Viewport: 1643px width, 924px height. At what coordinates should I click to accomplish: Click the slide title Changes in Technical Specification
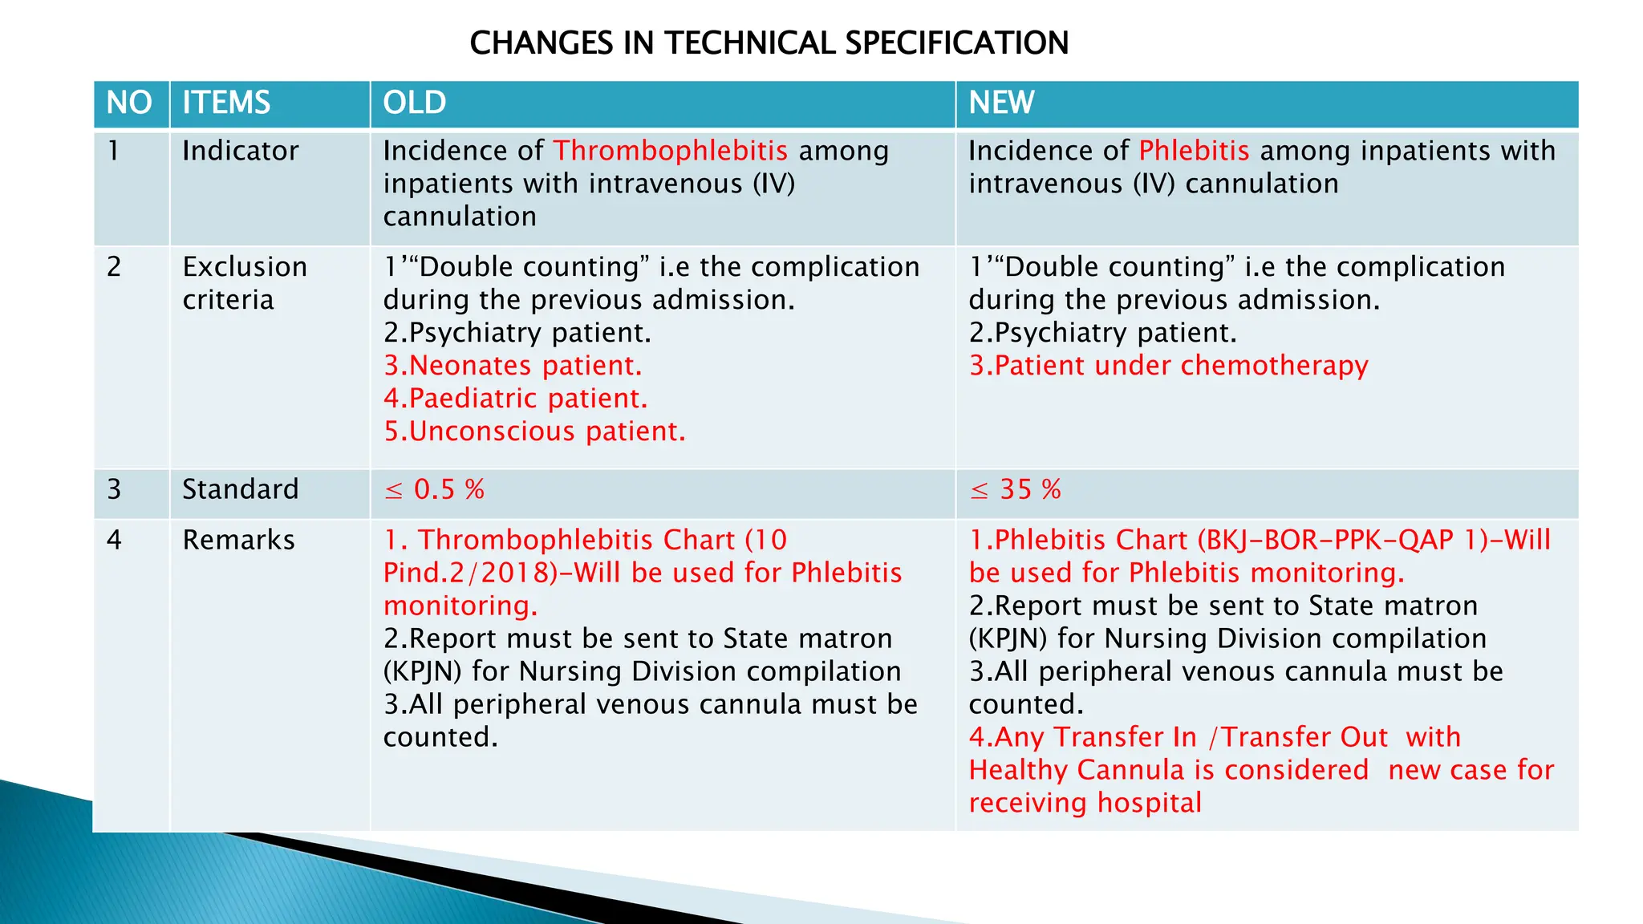tap(769, 43)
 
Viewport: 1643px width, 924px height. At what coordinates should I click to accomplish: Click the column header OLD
tap(414, 103)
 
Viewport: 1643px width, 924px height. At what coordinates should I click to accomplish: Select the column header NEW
tap(1001, 103)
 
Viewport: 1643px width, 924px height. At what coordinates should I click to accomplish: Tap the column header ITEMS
tap(226, 103)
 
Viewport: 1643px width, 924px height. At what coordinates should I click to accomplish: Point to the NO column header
tap(129, 103)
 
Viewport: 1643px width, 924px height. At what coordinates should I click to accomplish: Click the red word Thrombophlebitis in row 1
tap(670, 151)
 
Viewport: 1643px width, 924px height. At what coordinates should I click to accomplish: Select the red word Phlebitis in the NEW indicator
tap(1194, 151)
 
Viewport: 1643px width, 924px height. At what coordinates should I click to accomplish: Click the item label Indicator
tap(240, 151)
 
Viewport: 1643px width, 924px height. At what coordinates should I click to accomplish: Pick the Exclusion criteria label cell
tap(244, 283)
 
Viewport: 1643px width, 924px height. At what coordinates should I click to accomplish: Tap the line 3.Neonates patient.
tap(513, 366)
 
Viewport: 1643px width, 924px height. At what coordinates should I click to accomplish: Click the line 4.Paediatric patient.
tap(515, 399)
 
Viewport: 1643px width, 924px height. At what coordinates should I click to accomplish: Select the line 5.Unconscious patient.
tap(534, 432)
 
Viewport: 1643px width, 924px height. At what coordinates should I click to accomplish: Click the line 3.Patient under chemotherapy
tap(1168, 366)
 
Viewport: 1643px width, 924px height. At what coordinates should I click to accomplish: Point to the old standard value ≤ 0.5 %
tap(434, 489)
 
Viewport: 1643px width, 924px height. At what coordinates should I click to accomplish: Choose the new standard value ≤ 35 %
tap(1015, 489)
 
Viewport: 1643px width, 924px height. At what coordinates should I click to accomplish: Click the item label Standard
tap(240, 489)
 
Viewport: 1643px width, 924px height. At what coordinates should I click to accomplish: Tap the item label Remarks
tap(238, 540)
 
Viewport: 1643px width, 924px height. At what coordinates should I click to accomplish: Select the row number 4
tap(114, 540)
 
